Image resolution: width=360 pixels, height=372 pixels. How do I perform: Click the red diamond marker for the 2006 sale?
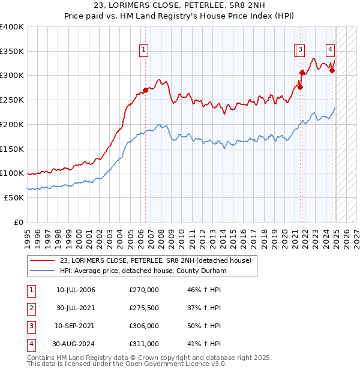pyautogui.click(x=145, y=91)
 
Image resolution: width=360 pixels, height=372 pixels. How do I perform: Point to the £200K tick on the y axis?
pyautogui.click(x=13, y=124)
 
